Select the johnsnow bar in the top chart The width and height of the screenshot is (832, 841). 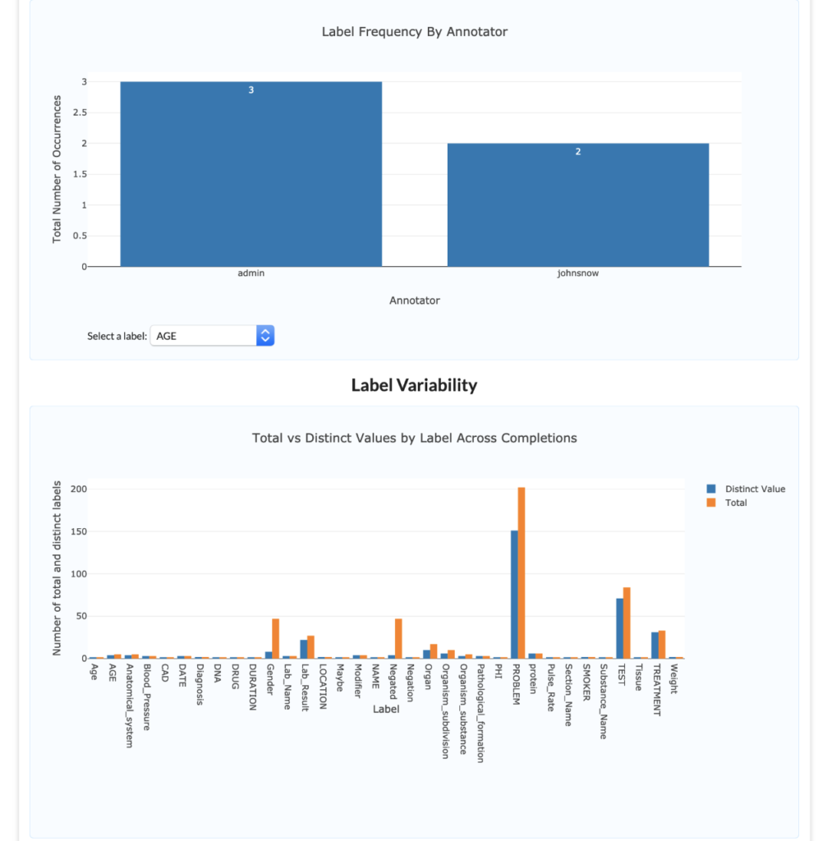[577, 205]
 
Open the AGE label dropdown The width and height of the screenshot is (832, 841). [212, 335]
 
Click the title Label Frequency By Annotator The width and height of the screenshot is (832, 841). [414, 32]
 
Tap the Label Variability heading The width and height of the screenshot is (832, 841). [414, 385]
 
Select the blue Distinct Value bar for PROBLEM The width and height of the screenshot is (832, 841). [514, 595]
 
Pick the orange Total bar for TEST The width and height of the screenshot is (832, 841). [627, 623]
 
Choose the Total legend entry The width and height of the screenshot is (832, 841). [735, 503]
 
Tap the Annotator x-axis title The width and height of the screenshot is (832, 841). [414, 301]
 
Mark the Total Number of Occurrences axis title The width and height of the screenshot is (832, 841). [57, 168]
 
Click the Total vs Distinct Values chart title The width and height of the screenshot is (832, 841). [414, 438]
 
